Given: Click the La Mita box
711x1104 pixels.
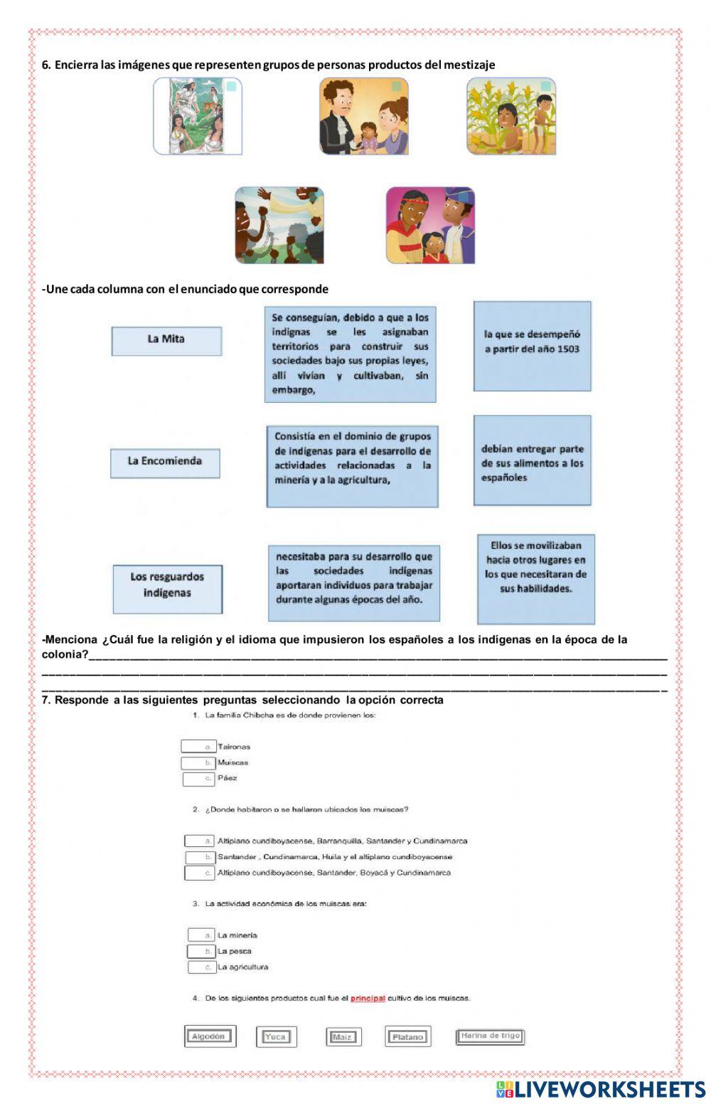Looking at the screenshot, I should (166, 340).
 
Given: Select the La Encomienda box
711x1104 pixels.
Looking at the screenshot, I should (165, 462).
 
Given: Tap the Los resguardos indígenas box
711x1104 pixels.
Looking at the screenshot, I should (167, 588).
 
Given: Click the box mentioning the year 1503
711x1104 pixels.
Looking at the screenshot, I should (532, 345).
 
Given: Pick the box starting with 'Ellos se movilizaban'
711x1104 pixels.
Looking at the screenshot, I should (535, 578).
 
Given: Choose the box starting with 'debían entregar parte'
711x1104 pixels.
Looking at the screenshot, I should (532, 460).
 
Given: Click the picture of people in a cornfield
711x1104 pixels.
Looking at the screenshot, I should (510, 117).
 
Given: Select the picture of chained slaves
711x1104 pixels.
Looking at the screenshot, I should (279, 225).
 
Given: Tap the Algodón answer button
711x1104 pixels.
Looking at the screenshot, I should (209, 1036).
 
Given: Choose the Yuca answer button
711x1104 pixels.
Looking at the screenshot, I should (276, 1037).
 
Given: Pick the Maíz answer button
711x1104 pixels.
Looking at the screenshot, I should (343, 1037).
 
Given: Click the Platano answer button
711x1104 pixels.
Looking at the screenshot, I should (408, 1037).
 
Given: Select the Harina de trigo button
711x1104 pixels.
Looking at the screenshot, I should (490, 1036).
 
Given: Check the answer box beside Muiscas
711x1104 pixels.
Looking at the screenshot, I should (198, 763).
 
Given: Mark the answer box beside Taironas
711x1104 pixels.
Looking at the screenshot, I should (198, 747).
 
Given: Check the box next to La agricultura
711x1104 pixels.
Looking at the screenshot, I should (201, 967).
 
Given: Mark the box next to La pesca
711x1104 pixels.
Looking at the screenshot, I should (201, 952).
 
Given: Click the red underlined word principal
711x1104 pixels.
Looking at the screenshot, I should (368, 999).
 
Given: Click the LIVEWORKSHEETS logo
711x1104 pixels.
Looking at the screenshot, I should (601, 1089).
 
